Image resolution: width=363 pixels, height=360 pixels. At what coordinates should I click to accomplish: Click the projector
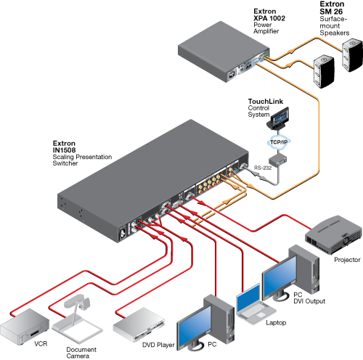[x=333, y=234]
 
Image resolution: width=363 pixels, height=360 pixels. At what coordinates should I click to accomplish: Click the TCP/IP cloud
[x=279, y=142]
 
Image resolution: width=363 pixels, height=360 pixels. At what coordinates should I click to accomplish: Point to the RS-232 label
[x=263, y=168]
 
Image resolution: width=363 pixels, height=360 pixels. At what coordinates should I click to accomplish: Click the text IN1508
[x=64, y=150]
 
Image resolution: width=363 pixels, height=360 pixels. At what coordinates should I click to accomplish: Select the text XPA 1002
[x=269, y=18]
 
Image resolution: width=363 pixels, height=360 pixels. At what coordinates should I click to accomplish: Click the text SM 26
[x=331, y=12]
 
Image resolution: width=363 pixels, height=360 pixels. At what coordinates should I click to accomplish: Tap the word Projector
[x=347, y=260]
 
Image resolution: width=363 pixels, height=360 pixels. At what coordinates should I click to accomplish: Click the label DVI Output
[x=309, y=301]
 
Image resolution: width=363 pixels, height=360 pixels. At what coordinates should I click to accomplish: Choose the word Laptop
[x=276, y=323]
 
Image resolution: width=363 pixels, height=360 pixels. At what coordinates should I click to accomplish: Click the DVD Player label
[x=158, y=345]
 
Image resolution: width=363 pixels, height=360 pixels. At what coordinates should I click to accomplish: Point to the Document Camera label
[x=81, y=353]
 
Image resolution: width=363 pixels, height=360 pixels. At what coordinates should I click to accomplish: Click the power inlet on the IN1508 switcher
[x=123, y=233]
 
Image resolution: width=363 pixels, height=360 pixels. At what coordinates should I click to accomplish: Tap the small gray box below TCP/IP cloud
[x=277, y=160]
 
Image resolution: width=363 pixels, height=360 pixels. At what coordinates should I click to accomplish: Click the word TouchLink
[x=266, y=102]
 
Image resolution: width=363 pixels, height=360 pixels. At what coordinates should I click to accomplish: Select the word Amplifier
[x=266, y=31]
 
